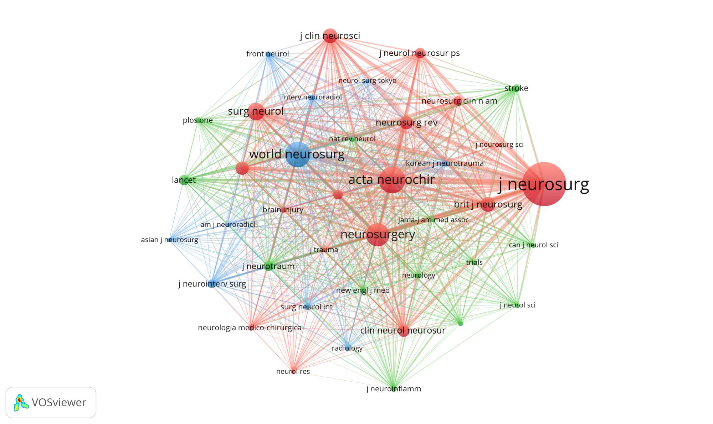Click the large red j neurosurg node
[x=544, y=184]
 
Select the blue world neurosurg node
[x=298, y=154]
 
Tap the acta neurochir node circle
[x=392, y=180]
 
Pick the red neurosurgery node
[x=378, y=234]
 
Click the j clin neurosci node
[x=330, y=36]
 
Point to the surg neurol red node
[x=256, y=111]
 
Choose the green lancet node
[x=184, y=180]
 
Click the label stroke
[x=516, y=88]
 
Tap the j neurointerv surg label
[x=212, y=284]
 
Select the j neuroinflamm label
[x=394, y=389]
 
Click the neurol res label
[x=293, y=371]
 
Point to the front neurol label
[x=267, y=54]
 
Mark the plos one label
[x=198, y=120]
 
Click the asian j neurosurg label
[x=169, y=240]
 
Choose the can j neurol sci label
[x=533, y=245]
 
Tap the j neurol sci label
[x=517, y=305]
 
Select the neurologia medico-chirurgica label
[x=250, y=328]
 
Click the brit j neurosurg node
[x=488, y=204]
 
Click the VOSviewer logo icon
[x=21, y=403]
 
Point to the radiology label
[x=347, y=348]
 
